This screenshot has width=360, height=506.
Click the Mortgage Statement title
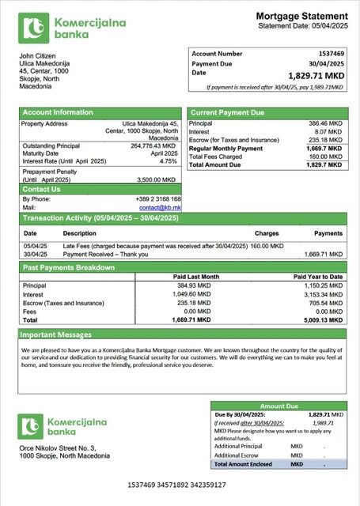coord(301,17)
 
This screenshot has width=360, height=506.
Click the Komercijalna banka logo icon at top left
coord(34,28)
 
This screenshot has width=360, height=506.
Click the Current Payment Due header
coord(227,113)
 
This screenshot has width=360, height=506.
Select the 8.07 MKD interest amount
coord(330,132)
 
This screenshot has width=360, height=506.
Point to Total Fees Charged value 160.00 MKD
coord(327,156)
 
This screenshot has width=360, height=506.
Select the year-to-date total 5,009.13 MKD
coord(322,320)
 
